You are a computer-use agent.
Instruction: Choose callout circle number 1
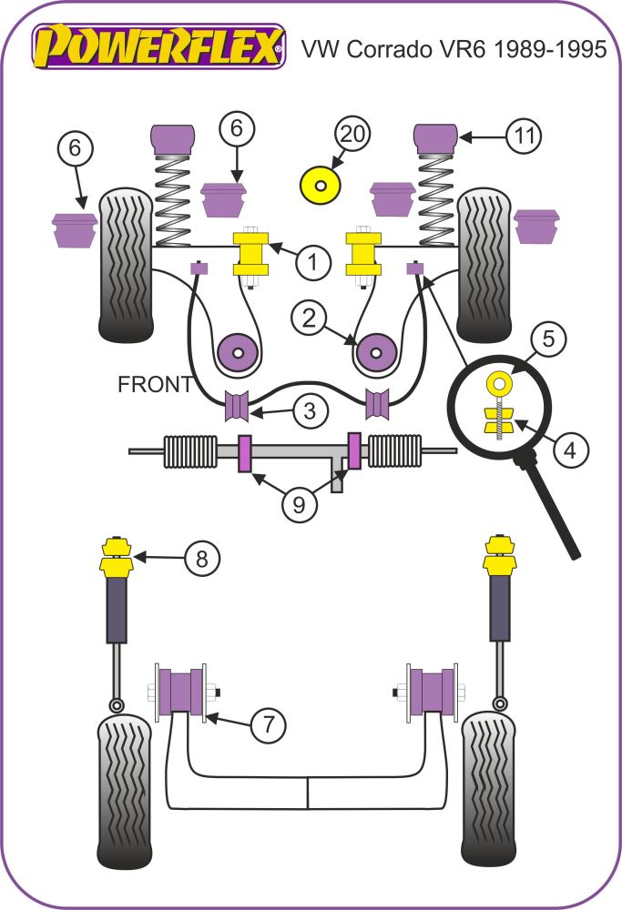point(312,263)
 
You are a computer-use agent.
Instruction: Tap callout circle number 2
point(309,318)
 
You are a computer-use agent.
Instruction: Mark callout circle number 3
point(311,411)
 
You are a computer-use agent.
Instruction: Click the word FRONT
point(155,385)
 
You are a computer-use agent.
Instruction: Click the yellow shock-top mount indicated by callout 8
point(116,557)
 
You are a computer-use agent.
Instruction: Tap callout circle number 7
point(268,725)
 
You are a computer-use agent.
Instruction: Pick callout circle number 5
point(548,340)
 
